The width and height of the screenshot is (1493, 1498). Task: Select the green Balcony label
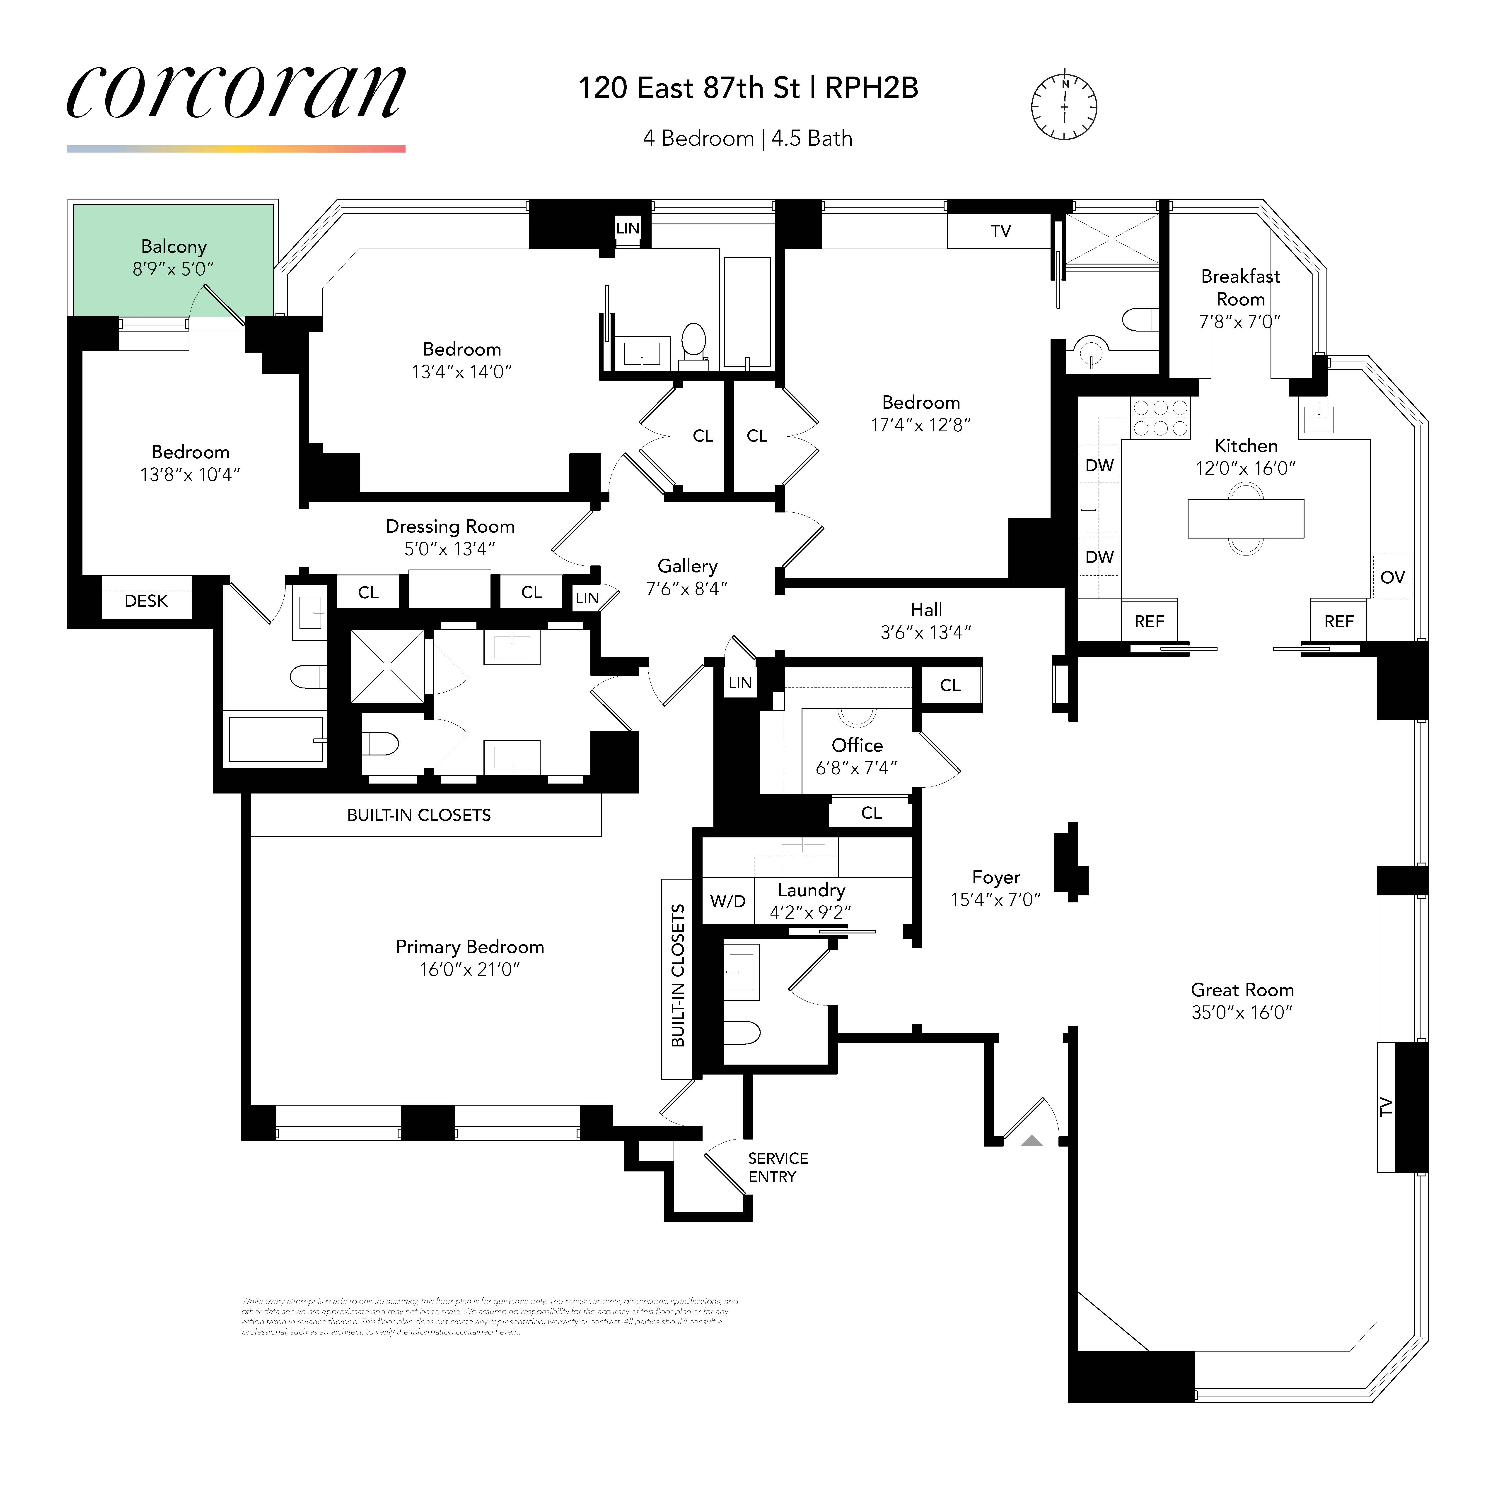pos(174,247)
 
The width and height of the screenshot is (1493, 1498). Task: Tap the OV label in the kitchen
pos(1392,577)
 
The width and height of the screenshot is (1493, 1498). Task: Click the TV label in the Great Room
pos(1386,1107)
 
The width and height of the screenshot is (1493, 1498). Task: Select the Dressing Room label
pos(450,527)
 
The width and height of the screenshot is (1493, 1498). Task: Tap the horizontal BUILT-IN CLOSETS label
pos(419,815)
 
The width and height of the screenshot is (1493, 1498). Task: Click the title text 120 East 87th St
pos(689,88)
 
